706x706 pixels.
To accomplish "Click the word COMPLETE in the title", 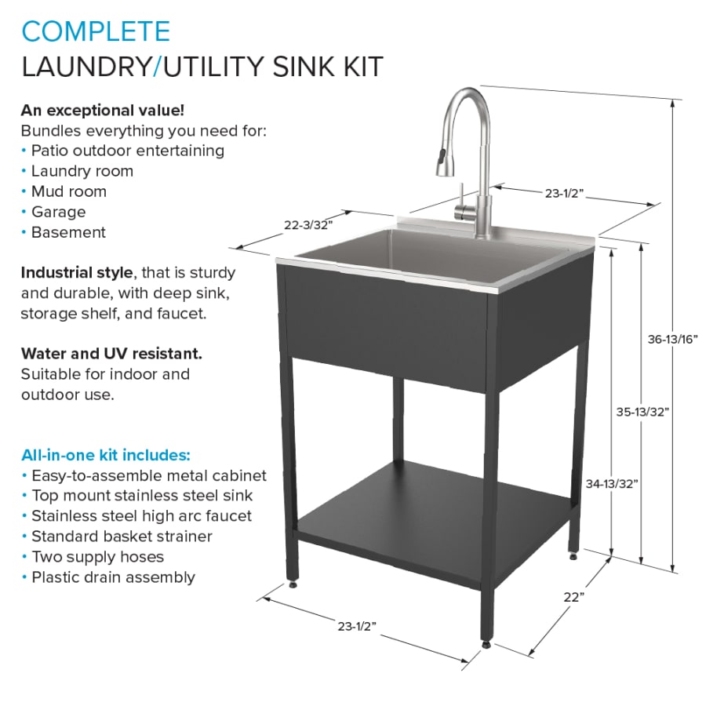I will point(96,31).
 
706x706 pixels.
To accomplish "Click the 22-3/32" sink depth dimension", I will point(308,224).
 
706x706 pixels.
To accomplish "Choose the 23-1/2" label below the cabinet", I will point(358,625).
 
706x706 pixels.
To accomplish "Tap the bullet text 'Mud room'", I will point(69,191).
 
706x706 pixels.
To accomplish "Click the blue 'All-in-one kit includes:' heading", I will point(105,455).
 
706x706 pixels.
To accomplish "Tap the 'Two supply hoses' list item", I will point(97,557).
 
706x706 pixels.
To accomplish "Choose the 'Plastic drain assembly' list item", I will point(113,577).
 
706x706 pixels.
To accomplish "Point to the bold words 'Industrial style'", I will point(77,273).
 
